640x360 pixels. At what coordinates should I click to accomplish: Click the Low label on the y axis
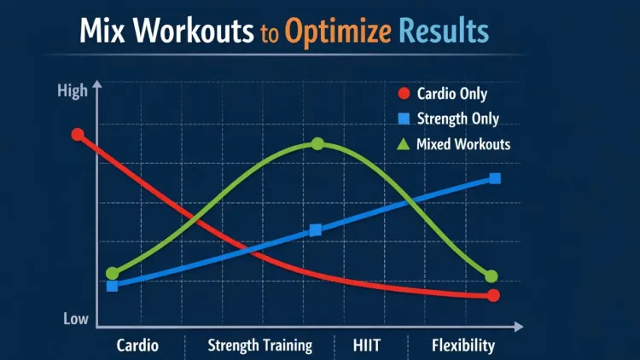76,319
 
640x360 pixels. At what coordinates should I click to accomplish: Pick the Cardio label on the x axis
137,345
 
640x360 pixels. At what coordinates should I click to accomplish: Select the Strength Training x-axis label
260,345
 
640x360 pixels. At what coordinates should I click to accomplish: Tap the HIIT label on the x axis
367,345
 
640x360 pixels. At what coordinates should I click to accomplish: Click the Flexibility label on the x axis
463,345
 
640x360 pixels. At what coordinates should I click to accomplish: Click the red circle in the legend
404,93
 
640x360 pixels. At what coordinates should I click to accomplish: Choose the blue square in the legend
404,119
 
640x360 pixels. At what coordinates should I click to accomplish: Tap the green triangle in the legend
404,144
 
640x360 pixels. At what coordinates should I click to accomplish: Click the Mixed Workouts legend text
463,144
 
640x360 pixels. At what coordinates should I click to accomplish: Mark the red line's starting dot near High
78,135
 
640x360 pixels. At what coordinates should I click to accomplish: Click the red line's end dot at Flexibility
493,295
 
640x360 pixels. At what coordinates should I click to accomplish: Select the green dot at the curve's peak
317,143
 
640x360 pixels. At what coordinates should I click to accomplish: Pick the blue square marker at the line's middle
316,229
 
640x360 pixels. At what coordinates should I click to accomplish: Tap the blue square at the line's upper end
495,178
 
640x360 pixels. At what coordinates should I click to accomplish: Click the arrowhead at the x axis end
519,326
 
